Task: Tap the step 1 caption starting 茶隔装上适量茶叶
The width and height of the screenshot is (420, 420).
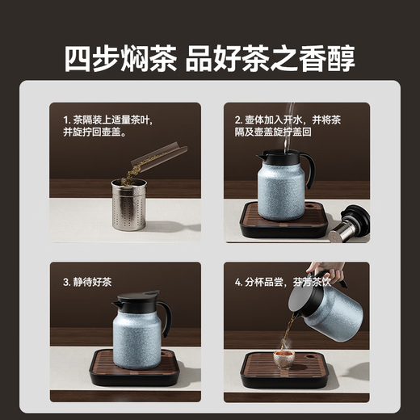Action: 107,125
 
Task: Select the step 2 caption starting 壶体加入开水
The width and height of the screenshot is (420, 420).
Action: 296,125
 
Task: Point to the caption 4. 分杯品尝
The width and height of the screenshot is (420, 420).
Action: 279,283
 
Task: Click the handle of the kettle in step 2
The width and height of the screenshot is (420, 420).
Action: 307,170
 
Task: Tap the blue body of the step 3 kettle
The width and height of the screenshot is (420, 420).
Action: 137,339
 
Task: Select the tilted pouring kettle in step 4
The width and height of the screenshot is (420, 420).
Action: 323,311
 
